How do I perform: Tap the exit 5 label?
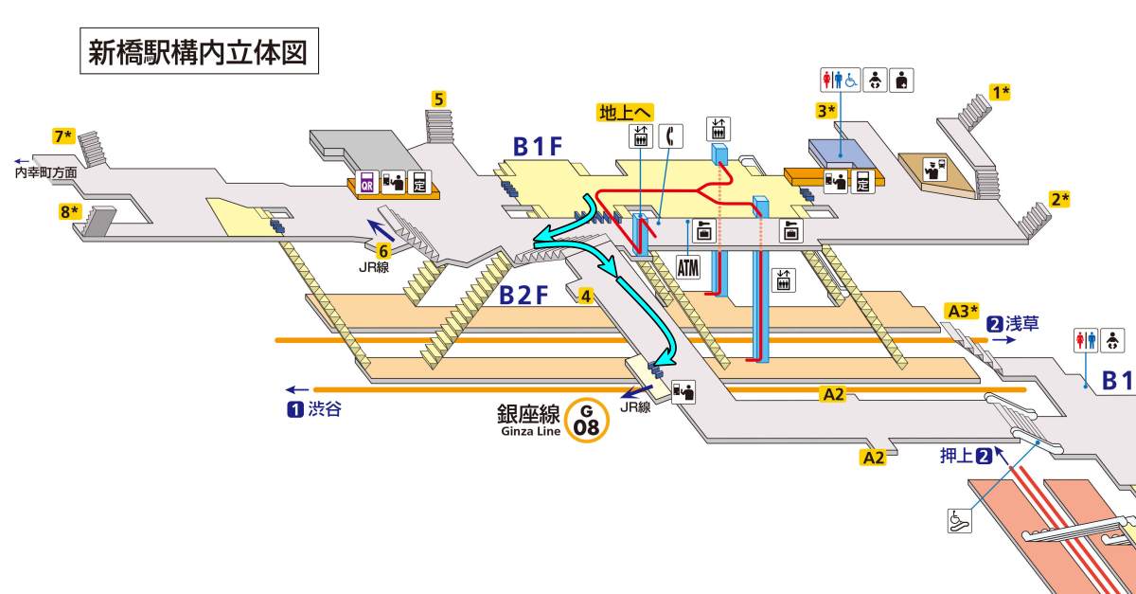click(439, 98)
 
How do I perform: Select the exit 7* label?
click(63, 136)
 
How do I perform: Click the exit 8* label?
click(70, 211)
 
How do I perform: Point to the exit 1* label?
click(1001, 92)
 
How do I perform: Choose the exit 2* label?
click(1059, 199)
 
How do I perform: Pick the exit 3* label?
click(827, 111)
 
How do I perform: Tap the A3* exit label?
click(961, 311)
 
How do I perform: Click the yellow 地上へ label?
click(626, 113)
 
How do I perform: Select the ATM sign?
click(688, 266)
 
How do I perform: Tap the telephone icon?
click(671, 136)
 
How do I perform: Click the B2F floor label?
click(524, 296)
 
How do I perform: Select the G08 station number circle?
click(587, 420)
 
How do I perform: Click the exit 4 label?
click(587, 296)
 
